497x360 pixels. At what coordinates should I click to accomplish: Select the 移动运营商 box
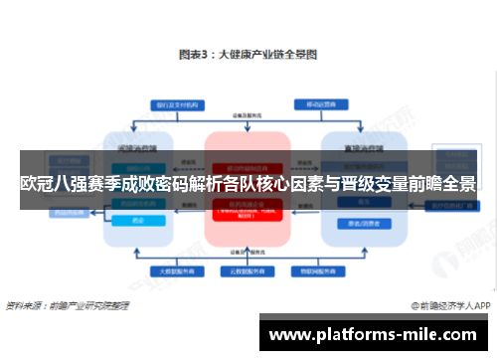click(319, 103)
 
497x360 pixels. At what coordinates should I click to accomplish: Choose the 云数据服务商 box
click(248, 270)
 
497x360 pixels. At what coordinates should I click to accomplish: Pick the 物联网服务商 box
click(319, 270)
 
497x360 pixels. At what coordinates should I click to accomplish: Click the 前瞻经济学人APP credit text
click(451, 304)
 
